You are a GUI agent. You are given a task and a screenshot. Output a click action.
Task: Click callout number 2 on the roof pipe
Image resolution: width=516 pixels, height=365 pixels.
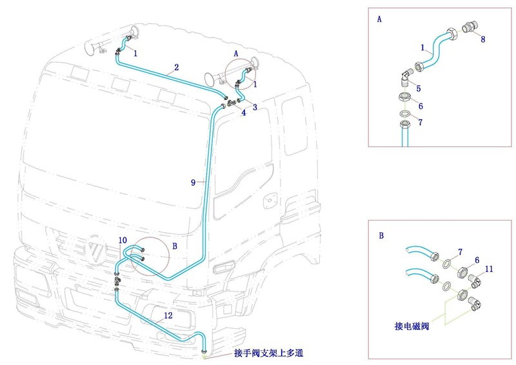pos(176,67)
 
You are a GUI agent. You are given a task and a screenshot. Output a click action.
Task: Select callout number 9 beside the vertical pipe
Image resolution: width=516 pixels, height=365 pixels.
pos(193,182)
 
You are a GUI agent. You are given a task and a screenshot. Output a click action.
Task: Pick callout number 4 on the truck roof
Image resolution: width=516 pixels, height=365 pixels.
pos(243,113)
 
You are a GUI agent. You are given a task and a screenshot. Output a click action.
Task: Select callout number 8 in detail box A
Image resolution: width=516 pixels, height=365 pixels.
pos(482,39)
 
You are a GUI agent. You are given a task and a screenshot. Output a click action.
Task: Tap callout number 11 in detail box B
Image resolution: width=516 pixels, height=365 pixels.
pos(489,268)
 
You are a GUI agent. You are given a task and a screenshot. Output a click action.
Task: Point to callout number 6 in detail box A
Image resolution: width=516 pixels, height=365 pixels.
pos(420,106)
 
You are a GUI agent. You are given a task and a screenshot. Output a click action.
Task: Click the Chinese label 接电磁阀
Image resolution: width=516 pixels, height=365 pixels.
pos(412,326)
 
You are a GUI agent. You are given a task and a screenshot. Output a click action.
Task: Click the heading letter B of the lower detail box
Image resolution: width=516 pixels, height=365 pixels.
pos(381,236)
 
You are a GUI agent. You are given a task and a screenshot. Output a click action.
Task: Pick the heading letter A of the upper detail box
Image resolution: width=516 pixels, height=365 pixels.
pos(379,19)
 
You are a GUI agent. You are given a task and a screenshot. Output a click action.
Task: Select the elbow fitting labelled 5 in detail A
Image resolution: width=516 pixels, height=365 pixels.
pos(405,77)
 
